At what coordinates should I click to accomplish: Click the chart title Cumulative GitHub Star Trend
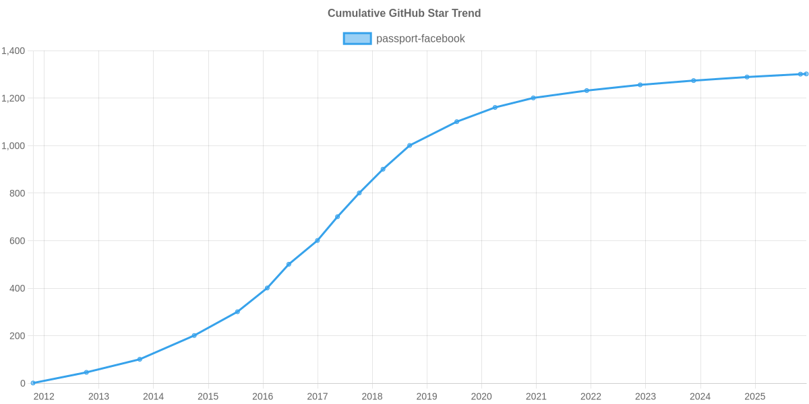tap(404, 13)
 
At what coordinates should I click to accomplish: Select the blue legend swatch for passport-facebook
tap(357, 38)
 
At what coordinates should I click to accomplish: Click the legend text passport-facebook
tap(421, 38)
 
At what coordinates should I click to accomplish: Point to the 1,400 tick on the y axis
tap(13, 51)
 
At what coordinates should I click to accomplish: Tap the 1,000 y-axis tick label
tap(13, 146)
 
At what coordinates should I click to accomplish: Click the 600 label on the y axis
tap(18, 241)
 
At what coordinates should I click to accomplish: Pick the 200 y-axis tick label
tap(18, 336)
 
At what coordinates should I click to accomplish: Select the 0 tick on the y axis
tap(23, 384)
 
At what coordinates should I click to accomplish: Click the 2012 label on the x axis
tap(44, 397)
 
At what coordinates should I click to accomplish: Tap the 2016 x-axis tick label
tap(262, 397)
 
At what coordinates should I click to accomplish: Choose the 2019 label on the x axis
tap(427, 397)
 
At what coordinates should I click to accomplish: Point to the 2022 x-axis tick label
tap(591, 397)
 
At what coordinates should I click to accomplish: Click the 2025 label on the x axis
tap(754, 397)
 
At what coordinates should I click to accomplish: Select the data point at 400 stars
tap(267, 288)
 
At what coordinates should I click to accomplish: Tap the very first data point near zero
tap(33, 383)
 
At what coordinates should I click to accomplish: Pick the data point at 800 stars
tap(359, 193)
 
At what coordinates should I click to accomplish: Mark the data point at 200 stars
tap(194, 335)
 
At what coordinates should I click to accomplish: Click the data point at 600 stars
tap(317, 240)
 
